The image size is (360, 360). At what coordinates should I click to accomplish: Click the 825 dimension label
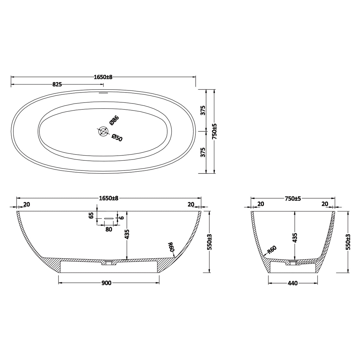(x=57, y=85)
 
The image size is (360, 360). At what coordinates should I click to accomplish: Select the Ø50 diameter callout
(x=117, y=138)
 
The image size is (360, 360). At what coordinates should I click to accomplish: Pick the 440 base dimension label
(x=292, y=283)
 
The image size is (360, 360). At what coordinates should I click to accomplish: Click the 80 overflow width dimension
(x=109, y=229)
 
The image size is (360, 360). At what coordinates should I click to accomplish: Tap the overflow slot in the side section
(x=109, y=218)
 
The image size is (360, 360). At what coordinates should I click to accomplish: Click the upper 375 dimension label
(x=203, y=110)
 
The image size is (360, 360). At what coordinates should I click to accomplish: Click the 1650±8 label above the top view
(x=103, y=77)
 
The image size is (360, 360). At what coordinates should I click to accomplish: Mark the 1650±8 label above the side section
(x=109, y=198)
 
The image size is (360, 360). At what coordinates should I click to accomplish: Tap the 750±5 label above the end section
(x=293, y=198)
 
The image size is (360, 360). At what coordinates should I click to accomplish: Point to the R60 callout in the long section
(x=171, y=247)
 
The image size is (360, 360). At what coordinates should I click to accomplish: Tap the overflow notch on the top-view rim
(x=103, y=92)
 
